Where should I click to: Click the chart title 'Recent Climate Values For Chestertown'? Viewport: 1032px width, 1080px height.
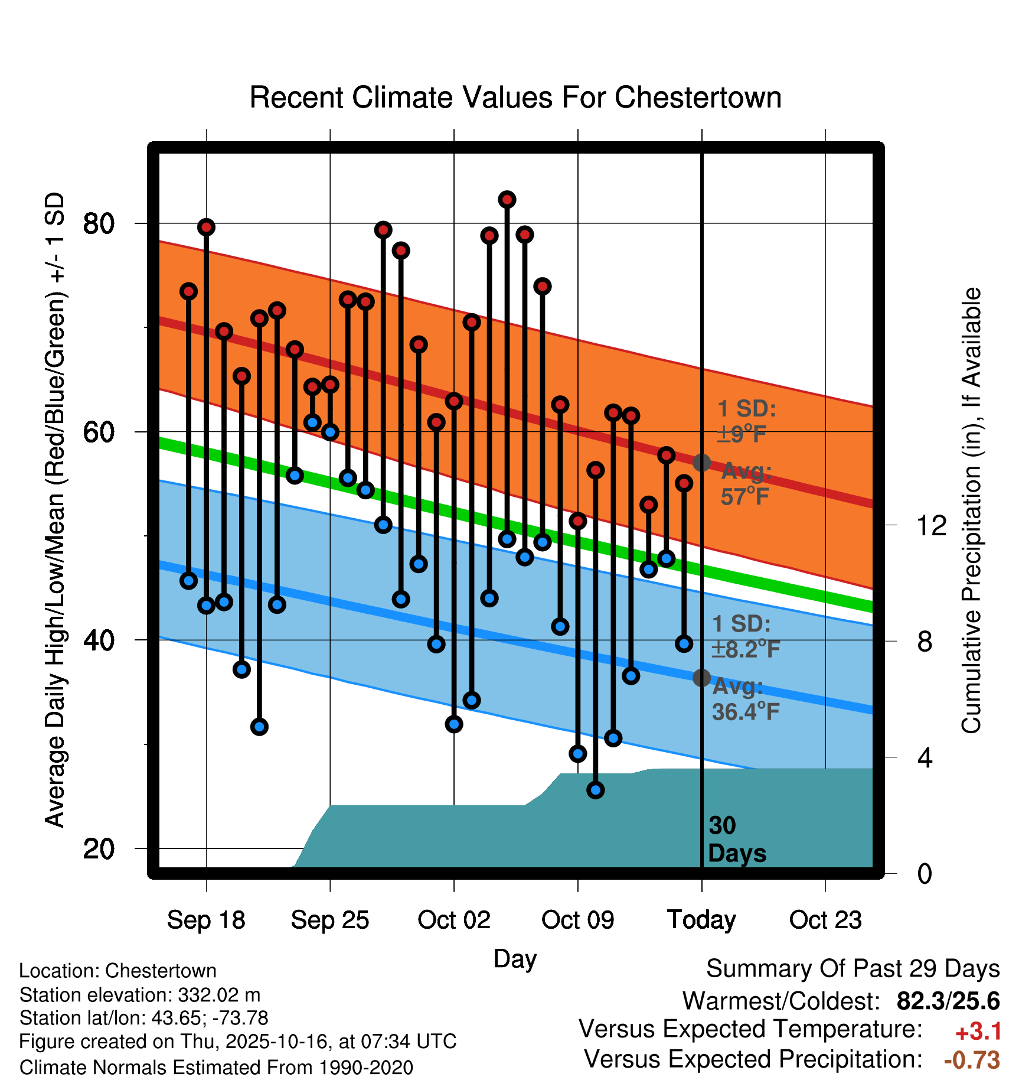point(515,97)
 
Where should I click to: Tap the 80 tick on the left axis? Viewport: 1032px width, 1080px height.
point(99,224)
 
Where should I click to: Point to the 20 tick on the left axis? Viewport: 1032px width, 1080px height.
point(99,849)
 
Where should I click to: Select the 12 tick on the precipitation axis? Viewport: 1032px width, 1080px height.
point(931,525)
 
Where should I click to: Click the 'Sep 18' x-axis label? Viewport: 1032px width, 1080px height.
point(206,920)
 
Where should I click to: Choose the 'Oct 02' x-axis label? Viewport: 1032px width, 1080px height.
point(453,920)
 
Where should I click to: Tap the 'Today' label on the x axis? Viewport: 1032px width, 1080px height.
point(701,920)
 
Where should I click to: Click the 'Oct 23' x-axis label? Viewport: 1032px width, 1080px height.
point(825,920)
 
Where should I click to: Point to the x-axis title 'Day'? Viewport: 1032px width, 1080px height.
point(515,959)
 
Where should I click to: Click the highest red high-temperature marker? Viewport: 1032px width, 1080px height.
point(507,200)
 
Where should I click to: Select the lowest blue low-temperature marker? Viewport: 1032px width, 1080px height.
point(596,790)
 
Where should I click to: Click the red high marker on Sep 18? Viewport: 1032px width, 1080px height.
point(206,227)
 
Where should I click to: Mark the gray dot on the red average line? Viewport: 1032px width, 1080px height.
point(701,463)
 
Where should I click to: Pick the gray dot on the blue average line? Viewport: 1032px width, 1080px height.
point(701,678)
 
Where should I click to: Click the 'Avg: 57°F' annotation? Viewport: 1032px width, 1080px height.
point(746,484)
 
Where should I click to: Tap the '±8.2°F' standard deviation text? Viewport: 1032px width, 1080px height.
point(746,649)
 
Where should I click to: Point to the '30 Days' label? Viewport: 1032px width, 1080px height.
point(736,840)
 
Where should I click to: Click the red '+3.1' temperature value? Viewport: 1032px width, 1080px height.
point(978,1032)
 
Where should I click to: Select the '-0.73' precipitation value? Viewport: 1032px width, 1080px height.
point(972,1060)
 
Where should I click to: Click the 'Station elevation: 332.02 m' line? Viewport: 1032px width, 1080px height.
point(140,995)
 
